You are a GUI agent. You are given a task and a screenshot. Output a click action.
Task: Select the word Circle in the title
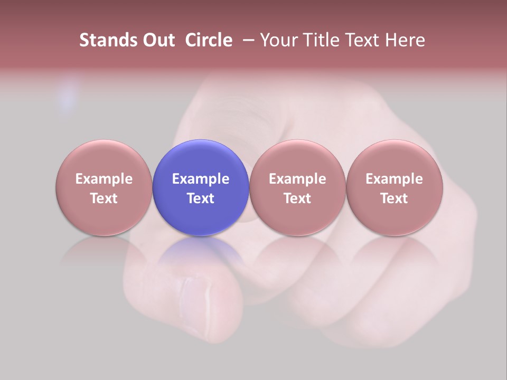coord(209,40)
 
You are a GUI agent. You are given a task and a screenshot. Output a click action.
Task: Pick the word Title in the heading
coord(320,40)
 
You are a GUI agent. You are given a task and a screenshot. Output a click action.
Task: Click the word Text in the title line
coord(363,40)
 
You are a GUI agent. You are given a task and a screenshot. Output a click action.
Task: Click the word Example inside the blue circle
coord(201,179)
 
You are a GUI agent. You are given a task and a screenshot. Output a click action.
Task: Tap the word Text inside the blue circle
coord(201,198)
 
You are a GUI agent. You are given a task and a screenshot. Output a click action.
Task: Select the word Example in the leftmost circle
coord(104,179)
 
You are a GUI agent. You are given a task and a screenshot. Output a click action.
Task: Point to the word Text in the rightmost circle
coord(394,198)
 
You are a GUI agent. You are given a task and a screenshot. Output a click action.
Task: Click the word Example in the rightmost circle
coord(394,179)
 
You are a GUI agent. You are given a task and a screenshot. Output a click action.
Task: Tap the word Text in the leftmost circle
coord(104,198)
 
